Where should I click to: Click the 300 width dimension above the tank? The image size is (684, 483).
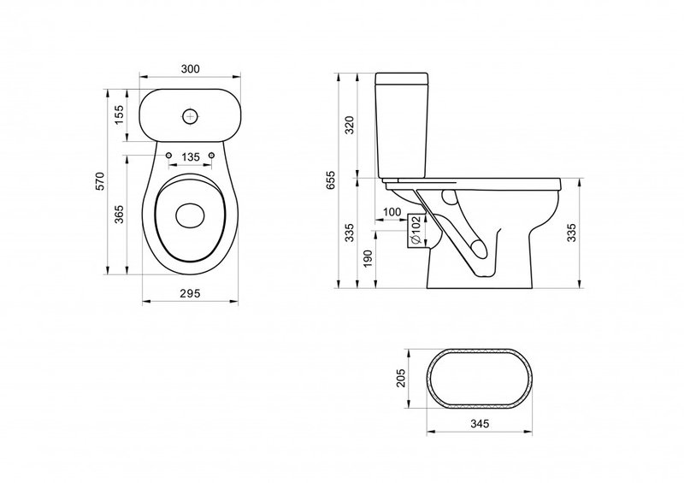tap(190, 69)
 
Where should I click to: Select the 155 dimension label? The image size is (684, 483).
tap(119, 115)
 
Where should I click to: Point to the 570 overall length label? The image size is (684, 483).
tap(100, 181)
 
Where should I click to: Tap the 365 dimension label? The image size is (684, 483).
tap(119, 214)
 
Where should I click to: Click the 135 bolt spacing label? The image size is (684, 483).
tap(191, 157)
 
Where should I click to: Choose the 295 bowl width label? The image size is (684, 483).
tap(190, 293)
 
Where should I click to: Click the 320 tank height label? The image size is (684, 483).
tap(350, 125)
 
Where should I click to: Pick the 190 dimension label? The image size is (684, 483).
tap(368, 259)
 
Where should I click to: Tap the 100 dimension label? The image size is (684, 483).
tap(392, 212)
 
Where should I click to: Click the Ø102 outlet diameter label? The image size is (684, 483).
tap(415, 231)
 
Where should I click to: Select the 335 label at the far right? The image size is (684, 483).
tap(572, 233)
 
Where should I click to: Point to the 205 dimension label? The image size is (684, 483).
tap(401, 379)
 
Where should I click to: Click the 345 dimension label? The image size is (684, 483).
tap(480, 423)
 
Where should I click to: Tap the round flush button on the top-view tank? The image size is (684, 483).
tap(190, 116)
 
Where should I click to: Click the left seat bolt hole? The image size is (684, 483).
tap(168, 156)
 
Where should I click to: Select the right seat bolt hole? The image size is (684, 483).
tap(212, 156)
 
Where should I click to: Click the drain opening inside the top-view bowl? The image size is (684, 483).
tap(190, 215)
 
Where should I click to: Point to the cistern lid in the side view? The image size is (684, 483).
tap(402, 79)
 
